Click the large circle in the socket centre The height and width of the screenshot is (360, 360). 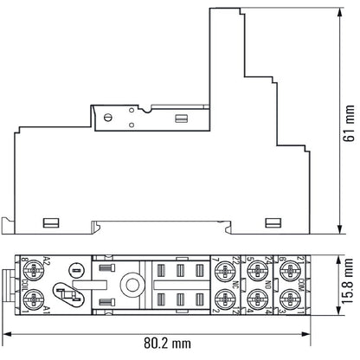coord(132,285)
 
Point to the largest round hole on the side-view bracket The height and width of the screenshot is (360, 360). coord(109,117)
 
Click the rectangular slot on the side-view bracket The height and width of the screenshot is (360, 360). coord(182,118)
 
